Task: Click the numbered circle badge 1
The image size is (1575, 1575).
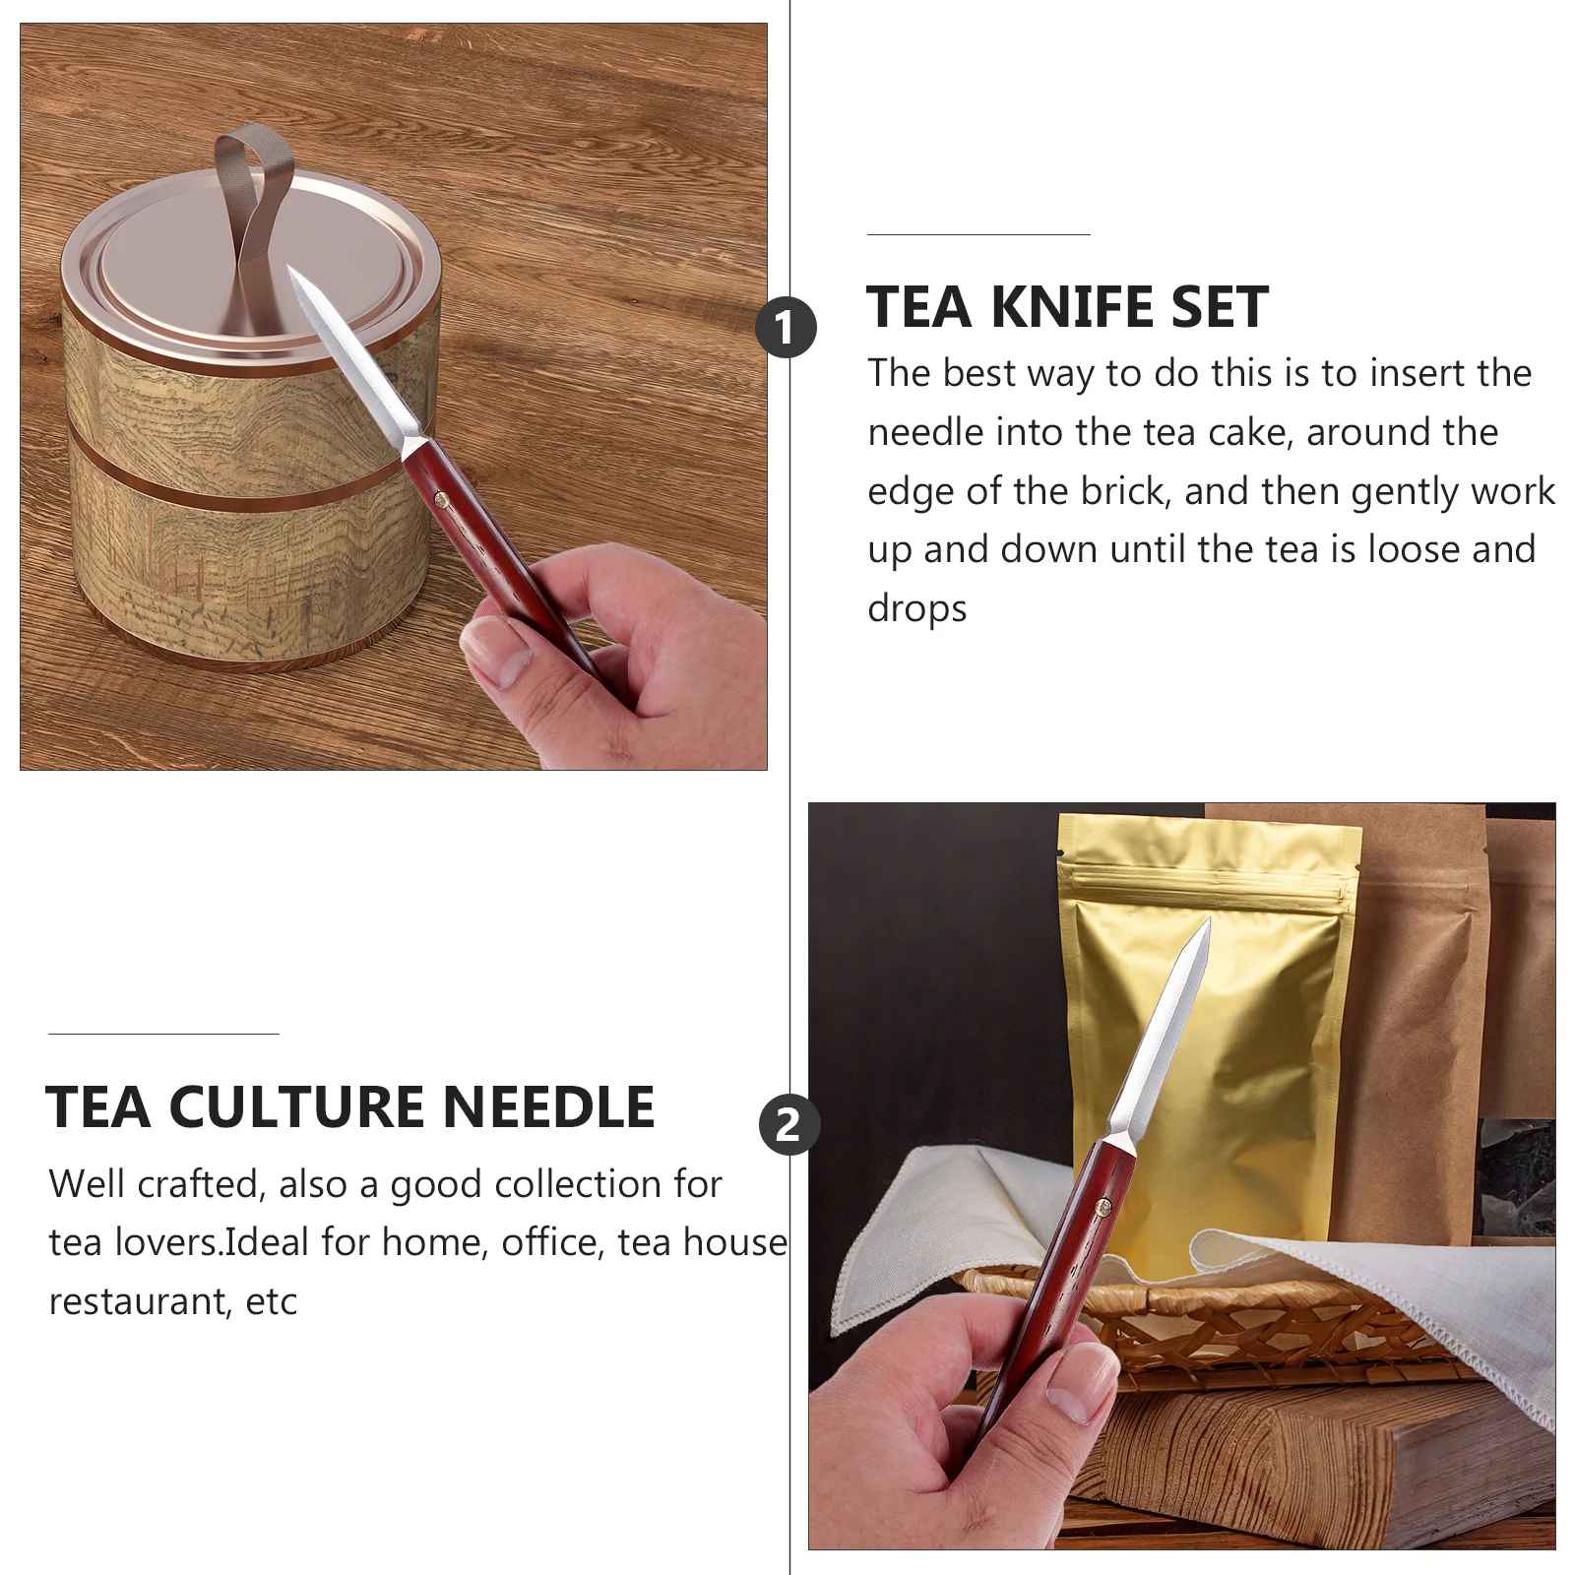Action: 786,328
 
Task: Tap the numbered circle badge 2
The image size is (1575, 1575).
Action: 788,1124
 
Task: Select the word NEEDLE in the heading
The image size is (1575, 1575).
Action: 548,1107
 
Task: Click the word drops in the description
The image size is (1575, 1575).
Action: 916,609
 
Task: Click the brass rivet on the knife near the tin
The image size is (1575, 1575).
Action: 442,502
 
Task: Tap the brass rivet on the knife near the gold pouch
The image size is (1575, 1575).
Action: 1103,1206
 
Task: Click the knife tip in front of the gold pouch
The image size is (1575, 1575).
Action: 1206,925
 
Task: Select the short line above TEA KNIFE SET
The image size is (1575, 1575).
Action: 978,234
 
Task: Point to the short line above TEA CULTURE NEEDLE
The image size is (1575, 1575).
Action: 163,1034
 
